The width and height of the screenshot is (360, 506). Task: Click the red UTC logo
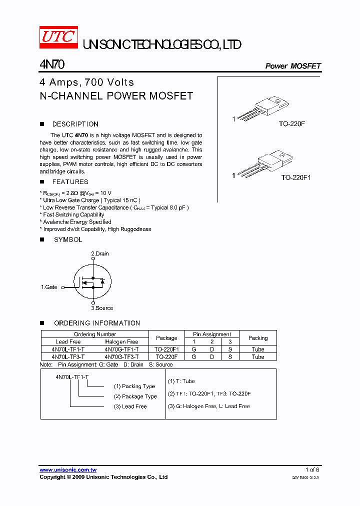coord(58,38)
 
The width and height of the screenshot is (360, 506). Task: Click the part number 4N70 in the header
coord(51,65)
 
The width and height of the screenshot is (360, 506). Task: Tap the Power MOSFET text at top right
coord(292,66)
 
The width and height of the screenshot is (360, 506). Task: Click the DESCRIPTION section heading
coord(75,124)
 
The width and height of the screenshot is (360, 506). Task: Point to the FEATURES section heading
coord(70,182)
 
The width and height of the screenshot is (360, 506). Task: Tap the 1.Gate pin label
coord(49,287)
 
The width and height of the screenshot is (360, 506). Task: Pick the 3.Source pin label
coord(102,308)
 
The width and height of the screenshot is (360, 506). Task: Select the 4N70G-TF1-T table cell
coord(121,349)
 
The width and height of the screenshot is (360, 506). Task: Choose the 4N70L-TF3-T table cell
coord(68,357)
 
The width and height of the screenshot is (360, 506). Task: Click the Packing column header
coord(258,338)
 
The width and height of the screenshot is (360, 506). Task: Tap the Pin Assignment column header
coord(212,334)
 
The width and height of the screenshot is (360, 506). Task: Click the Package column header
coord(166,338)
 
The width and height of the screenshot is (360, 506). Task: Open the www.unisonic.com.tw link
coord(68,470)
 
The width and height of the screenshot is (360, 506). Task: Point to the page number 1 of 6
coord(312,470)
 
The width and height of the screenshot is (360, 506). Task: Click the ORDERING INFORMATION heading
coord(97,323)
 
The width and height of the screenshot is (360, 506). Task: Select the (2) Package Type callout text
coord(135,396)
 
